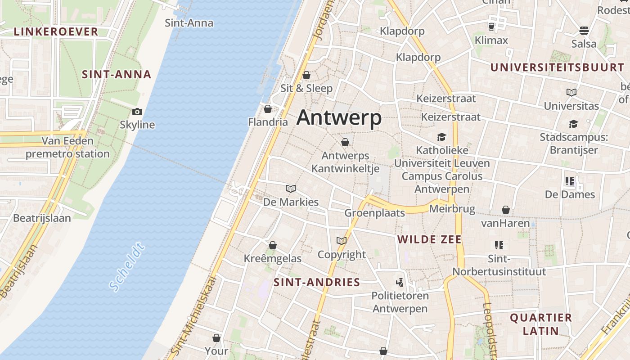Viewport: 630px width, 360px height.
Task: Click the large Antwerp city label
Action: [339, 118]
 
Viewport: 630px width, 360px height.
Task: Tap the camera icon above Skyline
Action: [137, 112]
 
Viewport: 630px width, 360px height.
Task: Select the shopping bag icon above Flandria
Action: [268, 109]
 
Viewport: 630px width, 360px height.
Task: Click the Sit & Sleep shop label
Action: [306, 88]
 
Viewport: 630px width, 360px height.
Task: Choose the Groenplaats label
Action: [375, 213]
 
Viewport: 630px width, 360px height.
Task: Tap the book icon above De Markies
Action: [291, 189]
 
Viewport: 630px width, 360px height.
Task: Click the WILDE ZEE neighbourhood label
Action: [429, 239]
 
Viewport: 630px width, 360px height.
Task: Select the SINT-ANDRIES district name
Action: [317, 283]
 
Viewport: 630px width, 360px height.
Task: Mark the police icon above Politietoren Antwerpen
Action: [399, 283]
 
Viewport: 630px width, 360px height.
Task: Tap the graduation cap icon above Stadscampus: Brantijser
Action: [573, 124]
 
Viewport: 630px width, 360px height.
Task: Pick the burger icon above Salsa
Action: [584, 31]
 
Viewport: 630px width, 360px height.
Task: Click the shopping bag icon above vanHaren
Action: [506, 210]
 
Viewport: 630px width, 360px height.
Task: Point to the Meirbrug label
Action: [452, 209]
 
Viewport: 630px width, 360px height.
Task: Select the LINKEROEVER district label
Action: [56, 31]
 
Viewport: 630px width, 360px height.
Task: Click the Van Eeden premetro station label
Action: [67, 148]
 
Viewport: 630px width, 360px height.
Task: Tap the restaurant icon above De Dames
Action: [570, 181]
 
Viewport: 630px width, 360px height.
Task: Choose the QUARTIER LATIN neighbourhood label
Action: [540, 324]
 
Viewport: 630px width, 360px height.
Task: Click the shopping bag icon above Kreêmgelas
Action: [272, 245]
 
